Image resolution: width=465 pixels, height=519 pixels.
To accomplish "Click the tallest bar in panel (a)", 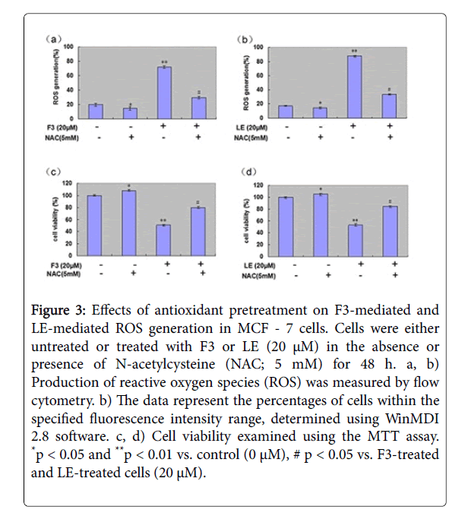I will (x=163, y=92).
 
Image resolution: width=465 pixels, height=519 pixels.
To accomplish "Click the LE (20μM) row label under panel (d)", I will (x=251, y=264).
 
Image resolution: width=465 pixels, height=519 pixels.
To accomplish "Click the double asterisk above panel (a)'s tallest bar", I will (x=163, y=60).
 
